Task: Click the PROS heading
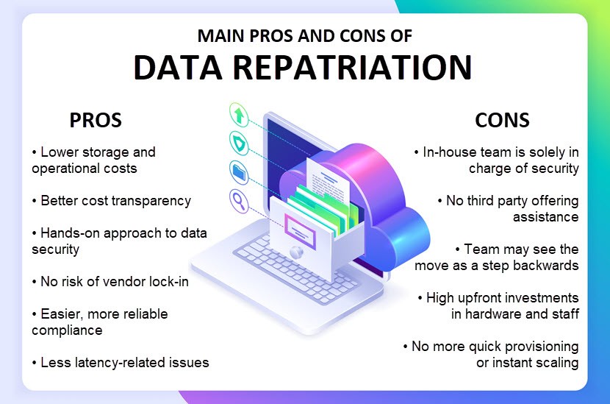[96, 120]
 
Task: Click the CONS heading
[502, 120]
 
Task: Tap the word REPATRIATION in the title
[353, 67]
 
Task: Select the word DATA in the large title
[177, 67]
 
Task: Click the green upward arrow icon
[239, 115]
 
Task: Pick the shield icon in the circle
[239, 143]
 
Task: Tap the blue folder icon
[240, 172]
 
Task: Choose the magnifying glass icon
[239, 201]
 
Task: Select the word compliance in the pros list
[67, 330]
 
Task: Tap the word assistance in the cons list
[545, 216]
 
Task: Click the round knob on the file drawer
[296, 252]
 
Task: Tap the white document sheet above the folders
[328, 178]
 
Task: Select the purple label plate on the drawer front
[300, 231]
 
